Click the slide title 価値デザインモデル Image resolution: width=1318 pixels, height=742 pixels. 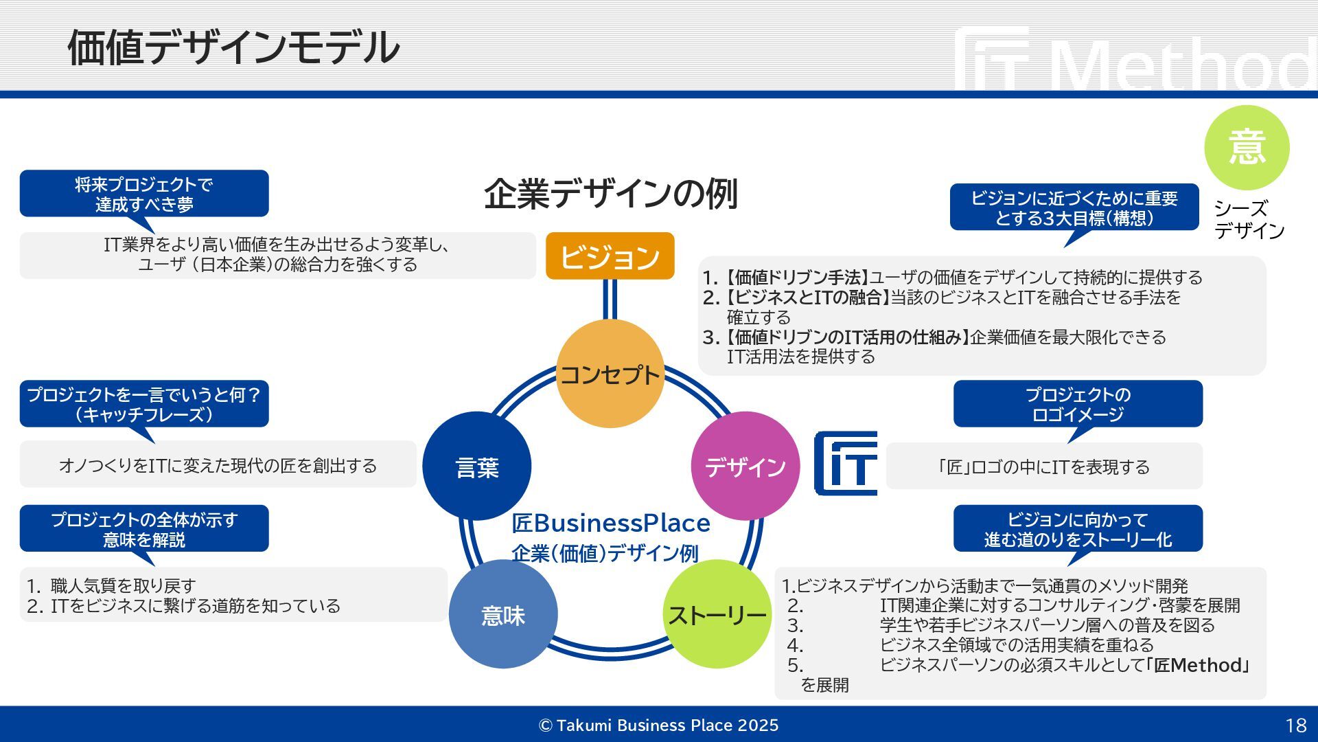coord(233,48)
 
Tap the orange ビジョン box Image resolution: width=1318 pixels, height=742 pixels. coord(610,256)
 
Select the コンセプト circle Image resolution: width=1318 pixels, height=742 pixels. coord(610,374)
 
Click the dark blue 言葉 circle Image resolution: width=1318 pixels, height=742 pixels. coord(477,466)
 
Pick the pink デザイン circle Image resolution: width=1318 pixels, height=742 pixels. coord(745,466)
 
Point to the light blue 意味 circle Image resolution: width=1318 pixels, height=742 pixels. coord(503,614)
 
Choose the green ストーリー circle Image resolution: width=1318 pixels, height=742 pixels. coord(717,614)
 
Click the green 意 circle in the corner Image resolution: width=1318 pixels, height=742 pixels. coord(1247,148)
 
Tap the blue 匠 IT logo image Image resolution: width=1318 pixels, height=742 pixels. coord(846,464)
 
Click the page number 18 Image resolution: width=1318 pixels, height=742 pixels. coord(1295,726)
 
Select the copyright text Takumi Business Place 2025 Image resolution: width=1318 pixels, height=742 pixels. coord(659,726)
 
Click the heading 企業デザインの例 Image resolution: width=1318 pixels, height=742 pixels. coord(610,194)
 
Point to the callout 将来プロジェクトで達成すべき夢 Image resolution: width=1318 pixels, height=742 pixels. coord(144,194)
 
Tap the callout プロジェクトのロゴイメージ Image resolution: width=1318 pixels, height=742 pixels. coord(1078,404)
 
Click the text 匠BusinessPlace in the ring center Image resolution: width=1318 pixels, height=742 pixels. coord(610,523)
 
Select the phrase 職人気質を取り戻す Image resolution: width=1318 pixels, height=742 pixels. coord(124,586)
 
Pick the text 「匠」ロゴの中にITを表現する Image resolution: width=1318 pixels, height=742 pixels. coord(1043,467)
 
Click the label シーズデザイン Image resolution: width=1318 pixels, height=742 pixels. coord(1249,219)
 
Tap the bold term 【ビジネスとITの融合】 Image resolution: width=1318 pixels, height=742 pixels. coord(807,297)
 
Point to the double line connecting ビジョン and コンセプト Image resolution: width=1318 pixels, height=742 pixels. coord(610,300)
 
